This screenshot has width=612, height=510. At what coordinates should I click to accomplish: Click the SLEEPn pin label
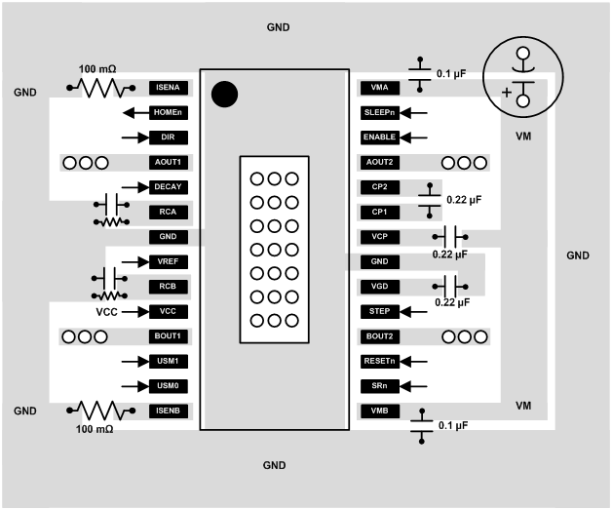tap(378, 112)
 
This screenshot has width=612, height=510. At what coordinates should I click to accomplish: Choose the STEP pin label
tap(378, 311)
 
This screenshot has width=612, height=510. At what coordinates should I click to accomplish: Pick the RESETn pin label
tap(378, 361)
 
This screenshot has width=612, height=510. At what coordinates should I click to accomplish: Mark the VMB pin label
tap(378, 411)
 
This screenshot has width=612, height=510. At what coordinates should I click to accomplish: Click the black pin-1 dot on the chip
tap(225, 94)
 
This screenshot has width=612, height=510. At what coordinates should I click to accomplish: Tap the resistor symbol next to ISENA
tap(96, 88)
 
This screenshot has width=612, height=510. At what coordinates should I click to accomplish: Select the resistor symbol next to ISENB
tap(96, 411)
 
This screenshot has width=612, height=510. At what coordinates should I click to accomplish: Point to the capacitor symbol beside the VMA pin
tap(421, 71)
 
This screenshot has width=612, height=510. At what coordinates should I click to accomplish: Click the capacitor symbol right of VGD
tap(449, 286)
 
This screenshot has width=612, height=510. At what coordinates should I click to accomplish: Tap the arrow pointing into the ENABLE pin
tap(413, 137)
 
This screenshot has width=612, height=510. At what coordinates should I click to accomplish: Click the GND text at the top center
tap(278, 27)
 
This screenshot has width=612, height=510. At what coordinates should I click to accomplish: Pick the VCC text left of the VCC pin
tap(107, 312)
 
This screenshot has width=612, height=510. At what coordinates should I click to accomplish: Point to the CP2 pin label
tap(378, 186)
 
